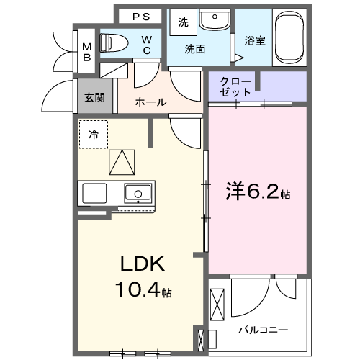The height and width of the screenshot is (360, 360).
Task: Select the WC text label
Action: [x=146, y=45]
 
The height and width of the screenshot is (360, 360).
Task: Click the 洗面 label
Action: [x=194, y=50]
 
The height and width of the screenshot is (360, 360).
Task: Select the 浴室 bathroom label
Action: [x=255, y=41]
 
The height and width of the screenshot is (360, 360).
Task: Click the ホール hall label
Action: [x=151, y=102]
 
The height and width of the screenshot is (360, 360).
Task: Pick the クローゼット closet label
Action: [x=237, y=86]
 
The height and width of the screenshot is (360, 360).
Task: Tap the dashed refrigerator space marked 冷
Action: [x=94, y=135]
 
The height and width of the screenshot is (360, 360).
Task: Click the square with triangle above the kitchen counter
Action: [x=122, y=161]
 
